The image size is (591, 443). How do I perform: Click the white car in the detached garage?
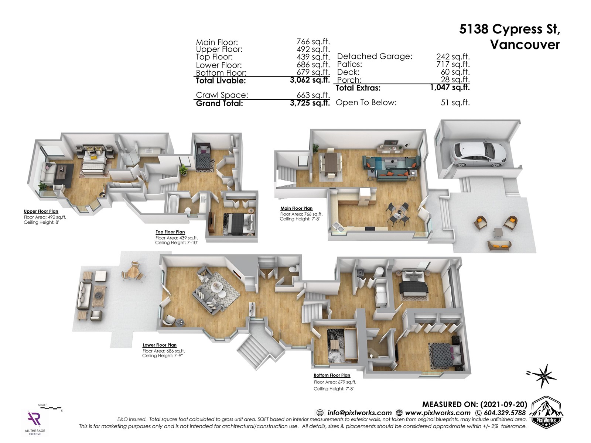(479, 154)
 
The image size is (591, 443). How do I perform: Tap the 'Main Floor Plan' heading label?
(297, 208)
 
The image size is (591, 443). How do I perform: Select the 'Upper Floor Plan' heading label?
(41, 211)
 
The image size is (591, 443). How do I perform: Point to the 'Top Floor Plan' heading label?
(170, 232)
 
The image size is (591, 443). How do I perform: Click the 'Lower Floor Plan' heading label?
(160, 345)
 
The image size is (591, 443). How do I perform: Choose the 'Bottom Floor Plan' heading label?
(332, 375)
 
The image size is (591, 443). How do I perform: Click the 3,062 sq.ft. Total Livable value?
(310, 80)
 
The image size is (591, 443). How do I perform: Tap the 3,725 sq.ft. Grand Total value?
(310, 103)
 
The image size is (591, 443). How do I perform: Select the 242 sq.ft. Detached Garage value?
(453, 56)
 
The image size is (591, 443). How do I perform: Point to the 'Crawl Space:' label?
(222, 95)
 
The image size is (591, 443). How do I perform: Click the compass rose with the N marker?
(542, 376)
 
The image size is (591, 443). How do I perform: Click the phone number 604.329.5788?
(505, 413)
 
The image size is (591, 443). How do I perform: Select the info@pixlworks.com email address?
(359, 413)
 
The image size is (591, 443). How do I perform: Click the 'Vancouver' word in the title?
(525, 45)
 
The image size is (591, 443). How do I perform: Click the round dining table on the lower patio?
(133, 272)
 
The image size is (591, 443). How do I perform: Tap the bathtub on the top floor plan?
(173, 206)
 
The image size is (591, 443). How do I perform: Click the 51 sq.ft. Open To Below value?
(455, 103)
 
